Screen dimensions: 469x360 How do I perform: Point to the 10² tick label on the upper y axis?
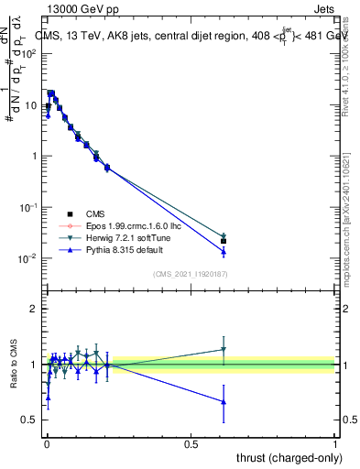32,53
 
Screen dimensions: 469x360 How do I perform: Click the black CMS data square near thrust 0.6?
224,242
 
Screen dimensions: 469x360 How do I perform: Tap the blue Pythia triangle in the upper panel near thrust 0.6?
224,252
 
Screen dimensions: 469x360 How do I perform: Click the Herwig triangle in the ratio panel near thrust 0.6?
224,349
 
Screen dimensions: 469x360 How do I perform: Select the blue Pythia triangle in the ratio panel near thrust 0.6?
224,402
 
